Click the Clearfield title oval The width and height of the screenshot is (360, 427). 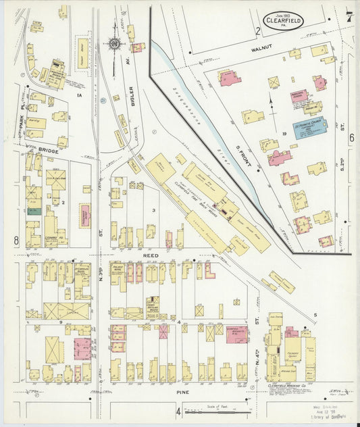(x=284, y=20)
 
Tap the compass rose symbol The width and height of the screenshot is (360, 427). (x=114, y=45)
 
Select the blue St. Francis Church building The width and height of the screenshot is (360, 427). (x=309, y=128)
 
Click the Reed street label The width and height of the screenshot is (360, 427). (x=153, y=257)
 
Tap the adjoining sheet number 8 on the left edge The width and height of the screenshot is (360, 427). (x=15, y=241)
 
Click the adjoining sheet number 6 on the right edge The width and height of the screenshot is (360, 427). (x=351, y=138)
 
